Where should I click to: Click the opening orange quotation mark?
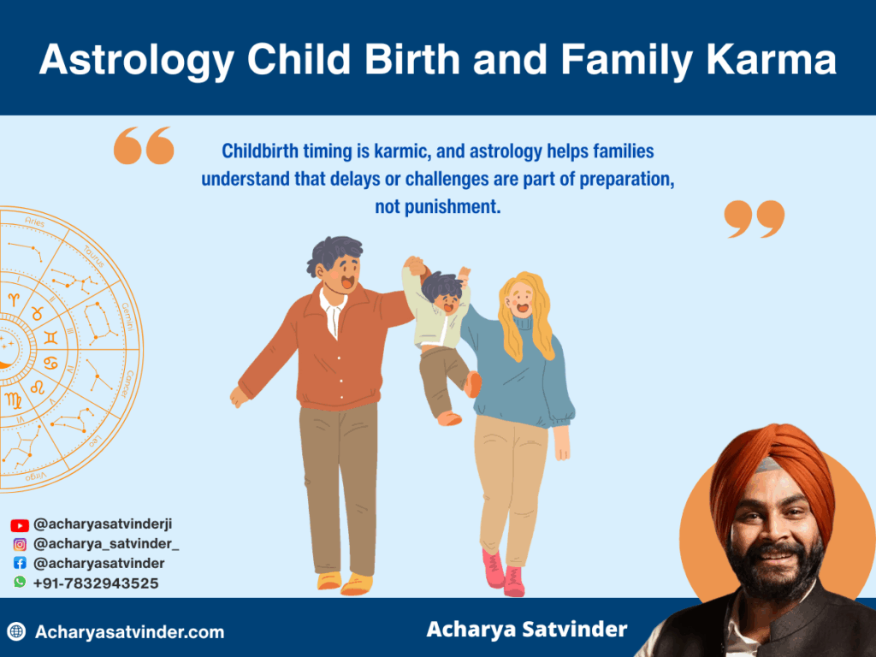(x=143, y=146)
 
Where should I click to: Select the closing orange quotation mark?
(x=755, y=219)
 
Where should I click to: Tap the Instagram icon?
(x=20, y=545)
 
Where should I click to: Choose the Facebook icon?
(x=20, y=564)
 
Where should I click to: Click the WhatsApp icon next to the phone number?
(x=20, y=583)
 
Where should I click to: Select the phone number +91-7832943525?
(x=96, y=583)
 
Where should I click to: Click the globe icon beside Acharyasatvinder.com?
(x=16, y=632)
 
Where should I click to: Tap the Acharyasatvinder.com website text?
(x=129, y=632)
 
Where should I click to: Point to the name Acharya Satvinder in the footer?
(x=526, y=630)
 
